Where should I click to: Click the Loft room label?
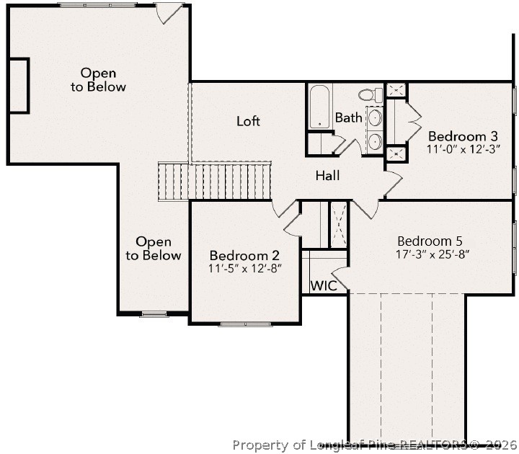tap(248, 121)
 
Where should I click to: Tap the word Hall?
tap(327, 175)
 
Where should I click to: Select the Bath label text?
tap(348, 117)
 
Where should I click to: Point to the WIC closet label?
tap(323, 285)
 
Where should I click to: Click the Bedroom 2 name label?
tap(244, 255)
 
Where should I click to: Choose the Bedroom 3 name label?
tap(463, 136)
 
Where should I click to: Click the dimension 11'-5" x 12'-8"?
tap(244, 268)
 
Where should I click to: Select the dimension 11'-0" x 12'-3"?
tap(463, 149)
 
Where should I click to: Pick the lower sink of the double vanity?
tap(376, 141)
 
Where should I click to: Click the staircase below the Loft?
tap(214, 181)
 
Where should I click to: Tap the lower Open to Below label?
tap(153, 249)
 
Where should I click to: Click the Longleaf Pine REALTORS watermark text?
tap(374, 444)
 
